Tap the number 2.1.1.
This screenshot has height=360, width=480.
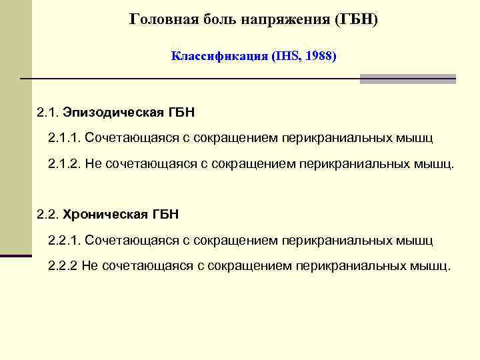point(64,138)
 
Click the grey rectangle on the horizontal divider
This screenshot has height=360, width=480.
point(407,79)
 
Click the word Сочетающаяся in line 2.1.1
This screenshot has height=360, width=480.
point(125,138)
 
